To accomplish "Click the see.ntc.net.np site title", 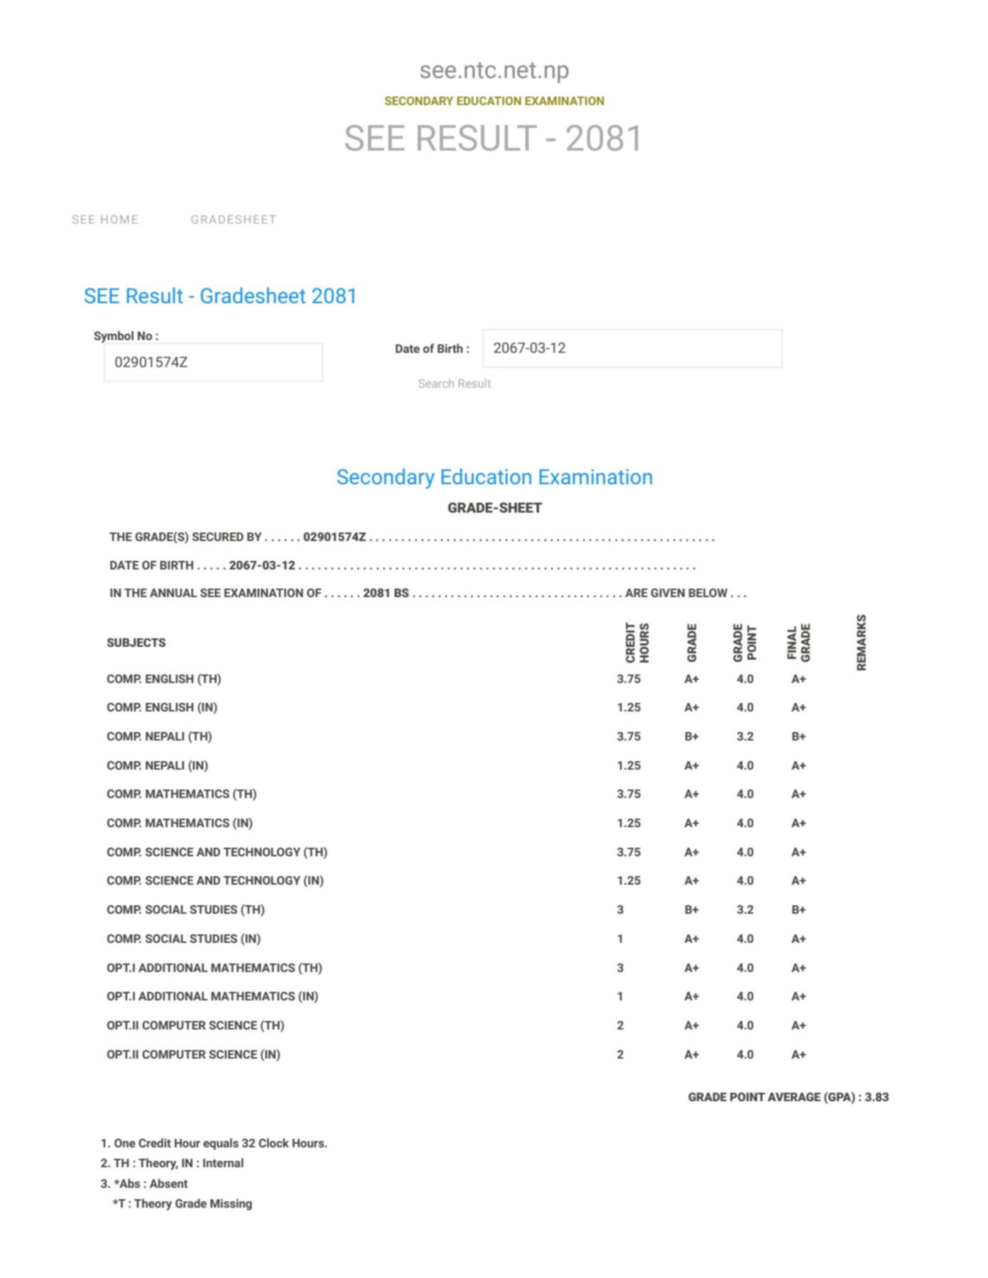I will tap(494, 70).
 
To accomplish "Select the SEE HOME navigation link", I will tap(105, 220).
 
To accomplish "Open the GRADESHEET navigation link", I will tap(233, 220).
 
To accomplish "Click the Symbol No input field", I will tap(213, 362).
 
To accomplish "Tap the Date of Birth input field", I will tap(632, 349).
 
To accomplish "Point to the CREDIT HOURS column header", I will tap(637, 643).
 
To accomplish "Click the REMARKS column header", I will tap(862, 643).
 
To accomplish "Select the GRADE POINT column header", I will tap(745, 643).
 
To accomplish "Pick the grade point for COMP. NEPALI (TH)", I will tap(745, 737).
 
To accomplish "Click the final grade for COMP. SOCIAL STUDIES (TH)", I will tap(798, 910).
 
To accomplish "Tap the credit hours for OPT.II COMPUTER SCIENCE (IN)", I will tap(620, 1055).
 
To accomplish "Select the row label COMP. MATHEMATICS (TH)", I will tap(182, 794).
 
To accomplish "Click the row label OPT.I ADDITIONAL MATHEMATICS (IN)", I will tap(212, 997).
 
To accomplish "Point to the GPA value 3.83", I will tap(876, 1098).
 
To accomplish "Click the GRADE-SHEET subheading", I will tap(494, 508).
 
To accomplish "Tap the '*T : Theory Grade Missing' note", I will tap(183, 1204).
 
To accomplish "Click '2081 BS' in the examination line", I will tap(386, 594).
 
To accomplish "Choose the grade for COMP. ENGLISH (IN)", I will tap(691, 708).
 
